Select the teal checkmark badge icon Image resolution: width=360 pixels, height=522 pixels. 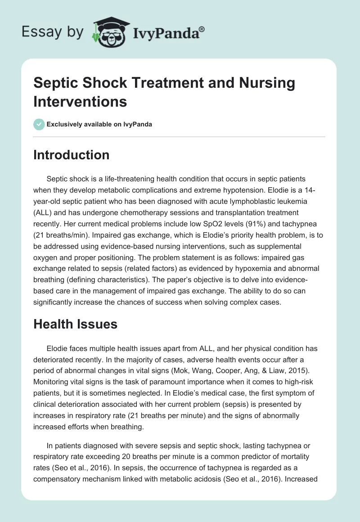[39, 124]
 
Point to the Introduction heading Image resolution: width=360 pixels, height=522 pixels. [72, 155]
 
